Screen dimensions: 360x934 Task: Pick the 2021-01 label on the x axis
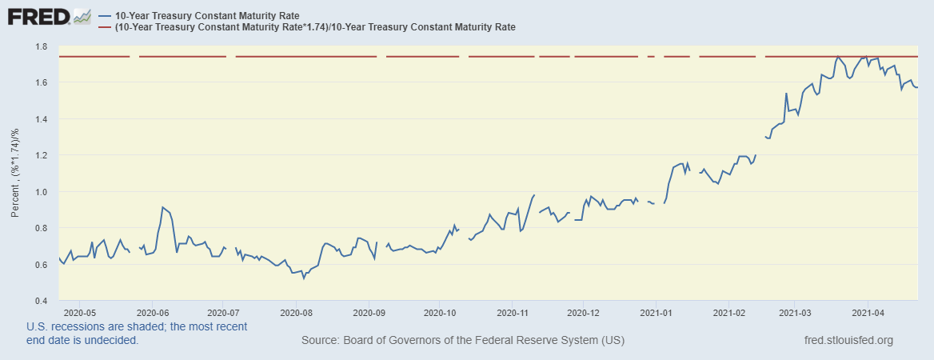[x=656, y=313]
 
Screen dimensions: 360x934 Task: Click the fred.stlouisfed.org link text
[x=849, y=341]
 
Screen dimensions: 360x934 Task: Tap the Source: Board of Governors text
[x=462, y=341]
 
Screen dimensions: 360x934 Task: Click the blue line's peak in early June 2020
[x=162, y=207]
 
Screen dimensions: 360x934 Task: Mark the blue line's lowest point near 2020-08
[x=304, y=278]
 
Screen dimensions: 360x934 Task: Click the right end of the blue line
[x=917, y=87]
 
